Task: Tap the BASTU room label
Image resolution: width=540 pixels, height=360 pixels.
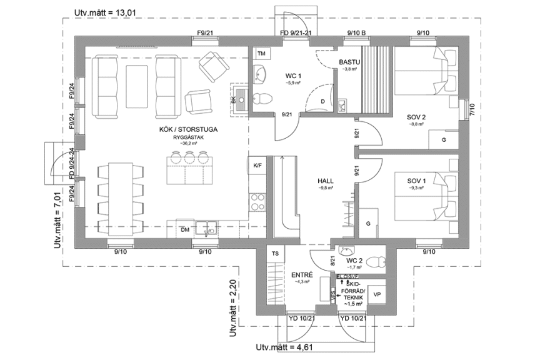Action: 349,62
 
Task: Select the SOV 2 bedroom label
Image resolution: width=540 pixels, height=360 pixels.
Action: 416,117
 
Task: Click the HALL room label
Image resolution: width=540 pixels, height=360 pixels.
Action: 325,181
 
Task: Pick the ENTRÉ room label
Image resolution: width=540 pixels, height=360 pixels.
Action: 302,274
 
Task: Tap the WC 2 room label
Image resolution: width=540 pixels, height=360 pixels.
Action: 354,260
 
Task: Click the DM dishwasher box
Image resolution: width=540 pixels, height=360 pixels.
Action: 185,230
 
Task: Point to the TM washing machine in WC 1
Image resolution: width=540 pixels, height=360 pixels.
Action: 261,54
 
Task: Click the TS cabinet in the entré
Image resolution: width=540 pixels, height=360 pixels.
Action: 274,254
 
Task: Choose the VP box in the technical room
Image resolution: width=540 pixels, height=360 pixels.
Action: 377,294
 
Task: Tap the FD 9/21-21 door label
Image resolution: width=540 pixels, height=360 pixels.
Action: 296,32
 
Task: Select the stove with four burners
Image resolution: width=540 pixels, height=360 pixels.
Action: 257,202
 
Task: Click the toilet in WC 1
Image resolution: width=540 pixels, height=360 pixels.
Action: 264,97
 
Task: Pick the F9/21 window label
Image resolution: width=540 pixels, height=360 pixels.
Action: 206,32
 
